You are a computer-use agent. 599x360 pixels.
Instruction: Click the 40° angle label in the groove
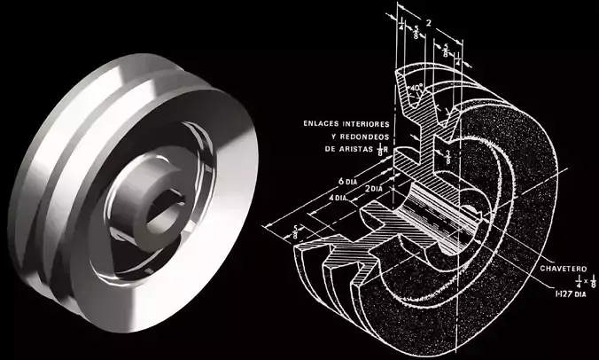click(416, 89)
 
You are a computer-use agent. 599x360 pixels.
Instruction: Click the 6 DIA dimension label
click(339, 180)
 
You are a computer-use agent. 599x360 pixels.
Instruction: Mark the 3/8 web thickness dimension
click(449, 156)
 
